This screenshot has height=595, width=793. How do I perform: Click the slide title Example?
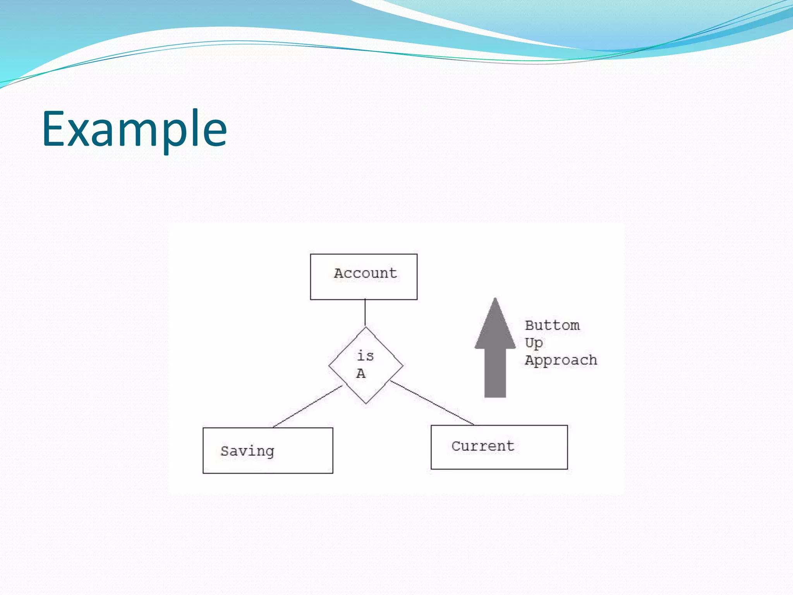[x=134, y=129]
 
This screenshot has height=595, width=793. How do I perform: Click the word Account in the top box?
[x=366, y=273]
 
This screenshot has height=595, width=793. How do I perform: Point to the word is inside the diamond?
[x=365, y=356]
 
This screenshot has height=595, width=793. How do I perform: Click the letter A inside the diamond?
[x=360, y=373]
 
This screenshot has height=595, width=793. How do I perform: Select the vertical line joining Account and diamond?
[x=365, y=313]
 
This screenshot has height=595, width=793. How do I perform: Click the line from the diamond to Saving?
[x=307, y=407]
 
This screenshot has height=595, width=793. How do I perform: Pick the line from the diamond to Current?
[x=432, y=403]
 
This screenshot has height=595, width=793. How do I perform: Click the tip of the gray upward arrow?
[x=495, y=300]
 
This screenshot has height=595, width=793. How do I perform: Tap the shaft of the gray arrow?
[x=495, y=372]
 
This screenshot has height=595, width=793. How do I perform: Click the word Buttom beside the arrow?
[x=552, y=325]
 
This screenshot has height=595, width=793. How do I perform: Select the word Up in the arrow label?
[x=534, y=343]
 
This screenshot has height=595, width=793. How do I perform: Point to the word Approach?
[x=561, y=360]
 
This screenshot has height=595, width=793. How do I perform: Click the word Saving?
[x=247, y=451]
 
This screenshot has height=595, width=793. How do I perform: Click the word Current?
[x=482, y=446]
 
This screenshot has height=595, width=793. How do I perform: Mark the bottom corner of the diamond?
[x=366, y=403]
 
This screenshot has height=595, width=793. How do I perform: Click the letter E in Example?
[x=53, y=129]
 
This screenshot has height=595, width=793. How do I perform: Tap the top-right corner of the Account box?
[x=417, y=255]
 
